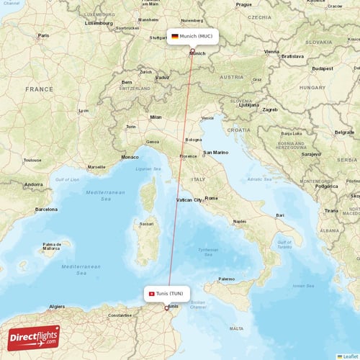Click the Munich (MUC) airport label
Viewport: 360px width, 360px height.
point(196,36)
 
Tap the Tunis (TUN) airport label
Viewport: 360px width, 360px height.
point(171,294)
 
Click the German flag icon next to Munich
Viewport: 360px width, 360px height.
point(175,36)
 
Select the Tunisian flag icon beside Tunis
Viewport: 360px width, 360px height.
point(151,294)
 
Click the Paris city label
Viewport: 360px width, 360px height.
point(43,35)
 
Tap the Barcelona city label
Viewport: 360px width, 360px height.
point(46,210)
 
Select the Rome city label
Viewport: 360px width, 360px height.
point(211,198)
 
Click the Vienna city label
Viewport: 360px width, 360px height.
point(271,52)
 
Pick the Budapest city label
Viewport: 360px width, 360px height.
point(322,68)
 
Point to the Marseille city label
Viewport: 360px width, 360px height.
point(96,167)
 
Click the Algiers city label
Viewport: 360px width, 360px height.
point(56,307)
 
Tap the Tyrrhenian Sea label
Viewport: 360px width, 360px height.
point(209,251)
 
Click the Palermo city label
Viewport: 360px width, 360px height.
point(227,279)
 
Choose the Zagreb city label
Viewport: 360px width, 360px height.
point(270,109)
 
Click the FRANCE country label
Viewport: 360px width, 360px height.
point(39,89)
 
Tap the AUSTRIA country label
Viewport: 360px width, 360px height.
point(231,77)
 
